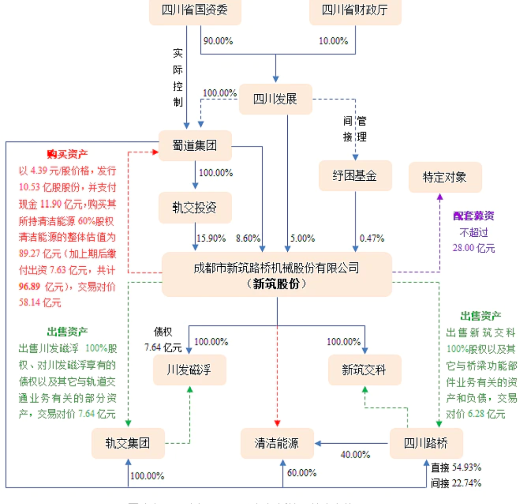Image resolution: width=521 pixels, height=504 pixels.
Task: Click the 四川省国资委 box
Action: [x=195, y=11]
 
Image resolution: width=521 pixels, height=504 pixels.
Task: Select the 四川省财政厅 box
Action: [x=355, y=11]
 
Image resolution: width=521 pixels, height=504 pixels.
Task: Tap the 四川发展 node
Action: [x=276, y=99]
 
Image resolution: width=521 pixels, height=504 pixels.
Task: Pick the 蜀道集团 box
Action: [x=195, y=145]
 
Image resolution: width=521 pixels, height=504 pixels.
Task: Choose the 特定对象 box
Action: [x=445, y=177]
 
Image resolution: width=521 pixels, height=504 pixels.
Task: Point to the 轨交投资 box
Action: [x=195, y=208]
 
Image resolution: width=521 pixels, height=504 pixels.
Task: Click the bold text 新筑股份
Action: [x=276, y=284]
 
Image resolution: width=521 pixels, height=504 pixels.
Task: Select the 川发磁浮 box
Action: [x=189, y=370]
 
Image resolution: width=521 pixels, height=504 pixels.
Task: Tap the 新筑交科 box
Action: [x=365, y=370]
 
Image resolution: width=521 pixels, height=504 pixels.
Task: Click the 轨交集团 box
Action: [x=128, y=443]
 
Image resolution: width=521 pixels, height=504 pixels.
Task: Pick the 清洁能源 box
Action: [x=277, y=443]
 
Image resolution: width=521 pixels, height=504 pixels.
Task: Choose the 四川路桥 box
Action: [x=426, y=443]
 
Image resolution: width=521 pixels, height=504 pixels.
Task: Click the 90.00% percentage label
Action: [x=218, y=41]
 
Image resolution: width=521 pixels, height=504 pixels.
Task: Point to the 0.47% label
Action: [x=372, y=238]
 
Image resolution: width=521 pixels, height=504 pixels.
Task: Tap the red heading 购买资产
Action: [x=67, y=154]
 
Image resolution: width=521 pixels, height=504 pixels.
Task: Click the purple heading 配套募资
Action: [x=474, y=216]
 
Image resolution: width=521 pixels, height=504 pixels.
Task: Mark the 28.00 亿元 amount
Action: [x=474, y=248]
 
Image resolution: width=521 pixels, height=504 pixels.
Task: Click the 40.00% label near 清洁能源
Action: [x=355, y=455]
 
